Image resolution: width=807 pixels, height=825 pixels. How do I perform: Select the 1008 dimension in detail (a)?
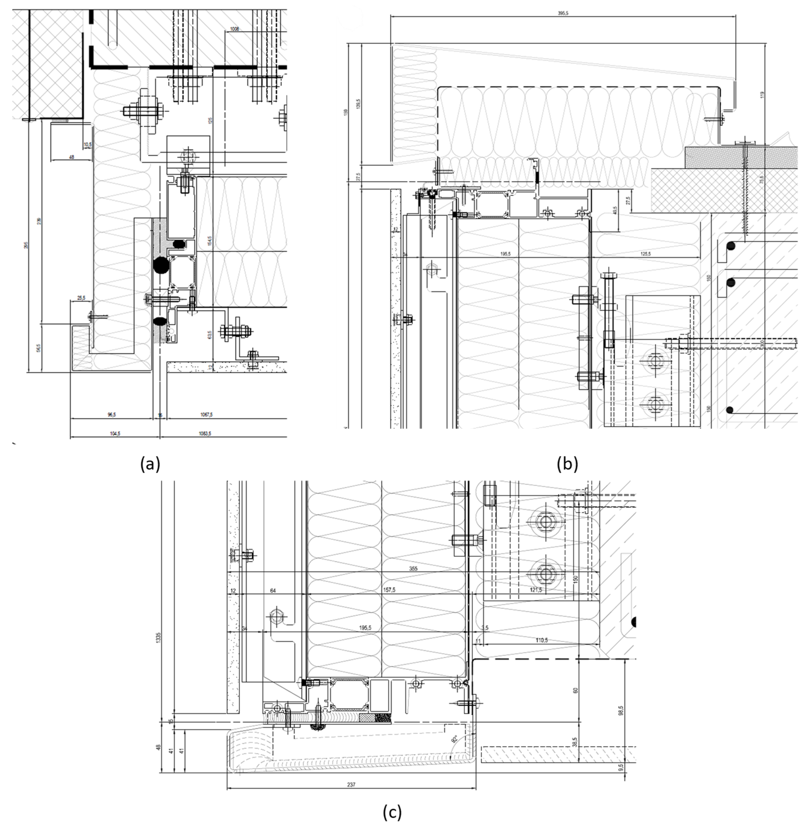234,29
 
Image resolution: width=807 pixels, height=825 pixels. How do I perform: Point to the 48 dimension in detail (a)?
71,157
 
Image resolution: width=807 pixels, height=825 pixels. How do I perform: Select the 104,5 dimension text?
114,433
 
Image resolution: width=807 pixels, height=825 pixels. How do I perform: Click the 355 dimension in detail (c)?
413,569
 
